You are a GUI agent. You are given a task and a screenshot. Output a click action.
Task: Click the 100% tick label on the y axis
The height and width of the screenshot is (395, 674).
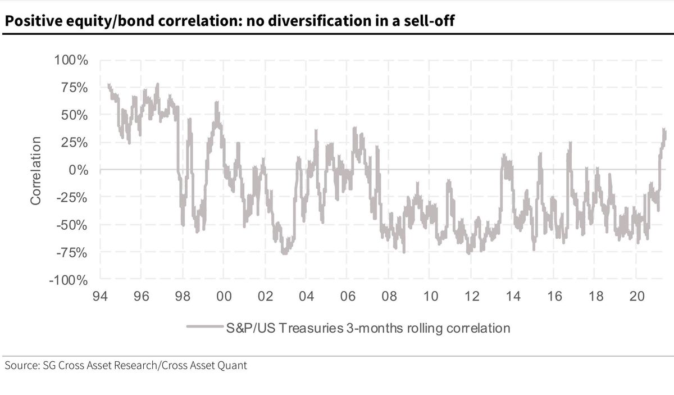coord(71,60)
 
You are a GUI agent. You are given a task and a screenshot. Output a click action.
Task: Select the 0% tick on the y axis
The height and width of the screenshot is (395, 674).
coord(78,170)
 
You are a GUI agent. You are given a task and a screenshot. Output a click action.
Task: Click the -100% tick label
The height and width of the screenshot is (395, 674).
coord(69,280)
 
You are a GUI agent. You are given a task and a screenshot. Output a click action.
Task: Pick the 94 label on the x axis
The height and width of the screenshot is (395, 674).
coord(101,296)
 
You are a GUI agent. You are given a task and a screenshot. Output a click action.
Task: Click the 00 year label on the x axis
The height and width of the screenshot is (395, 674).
coord(224,296)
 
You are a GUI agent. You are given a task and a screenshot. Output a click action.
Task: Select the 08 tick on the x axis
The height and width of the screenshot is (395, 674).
coord(389,296)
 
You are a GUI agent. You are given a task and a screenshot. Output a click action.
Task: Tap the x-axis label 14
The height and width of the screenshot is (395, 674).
coord(513,296)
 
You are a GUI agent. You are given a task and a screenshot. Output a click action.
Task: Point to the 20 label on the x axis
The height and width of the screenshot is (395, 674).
coord(636,296)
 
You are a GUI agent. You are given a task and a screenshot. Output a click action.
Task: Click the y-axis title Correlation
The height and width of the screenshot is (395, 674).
coord(36,170)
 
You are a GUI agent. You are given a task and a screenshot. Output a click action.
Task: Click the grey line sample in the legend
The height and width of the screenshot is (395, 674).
coord(205,327)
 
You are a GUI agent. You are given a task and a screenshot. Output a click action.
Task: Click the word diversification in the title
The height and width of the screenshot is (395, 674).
coord(294,22)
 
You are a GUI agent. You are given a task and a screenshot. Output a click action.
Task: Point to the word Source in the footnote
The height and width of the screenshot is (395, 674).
coord(20,365)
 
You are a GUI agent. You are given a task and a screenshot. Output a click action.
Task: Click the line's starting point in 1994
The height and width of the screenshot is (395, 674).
coord(108,85)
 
